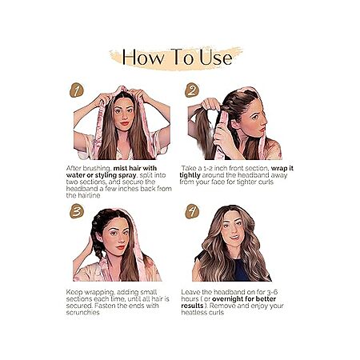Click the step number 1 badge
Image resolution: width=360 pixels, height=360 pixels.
tap(77, 90)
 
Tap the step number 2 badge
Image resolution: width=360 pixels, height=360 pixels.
tap(192, 90)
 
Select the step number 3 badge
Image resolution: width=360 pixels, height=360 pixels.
tap(77, 211)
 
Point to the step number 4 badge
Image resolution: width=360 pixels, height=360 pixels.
tap(192, 211)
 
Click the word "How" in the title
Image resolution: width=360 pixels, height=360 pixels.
tap(143, 58)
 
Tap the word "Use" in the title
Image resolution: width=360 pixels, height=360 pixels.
tap(216, 58)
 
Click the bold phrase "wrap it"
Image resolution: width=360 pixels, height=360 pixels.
tap(282, 168)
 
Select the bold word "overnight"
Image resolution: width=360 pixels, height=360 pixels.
tap(229, 299)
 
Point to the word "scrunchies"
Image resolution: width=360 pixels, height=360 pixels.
tap(82, 312)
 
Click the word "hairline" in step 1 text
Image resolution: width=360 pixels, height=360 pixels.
tap(89, 195)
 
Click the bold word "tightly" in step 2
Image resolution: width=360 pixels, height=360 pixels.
tap(190, 175)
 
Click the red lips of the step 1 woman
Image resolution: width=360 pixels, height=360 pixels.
tap(124, 123)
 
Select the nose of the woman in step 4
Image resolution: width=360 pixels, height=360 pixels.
tap(232, 230)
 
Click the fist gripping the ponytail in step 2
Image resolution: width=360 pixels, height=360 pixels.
tap(210, 104)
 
